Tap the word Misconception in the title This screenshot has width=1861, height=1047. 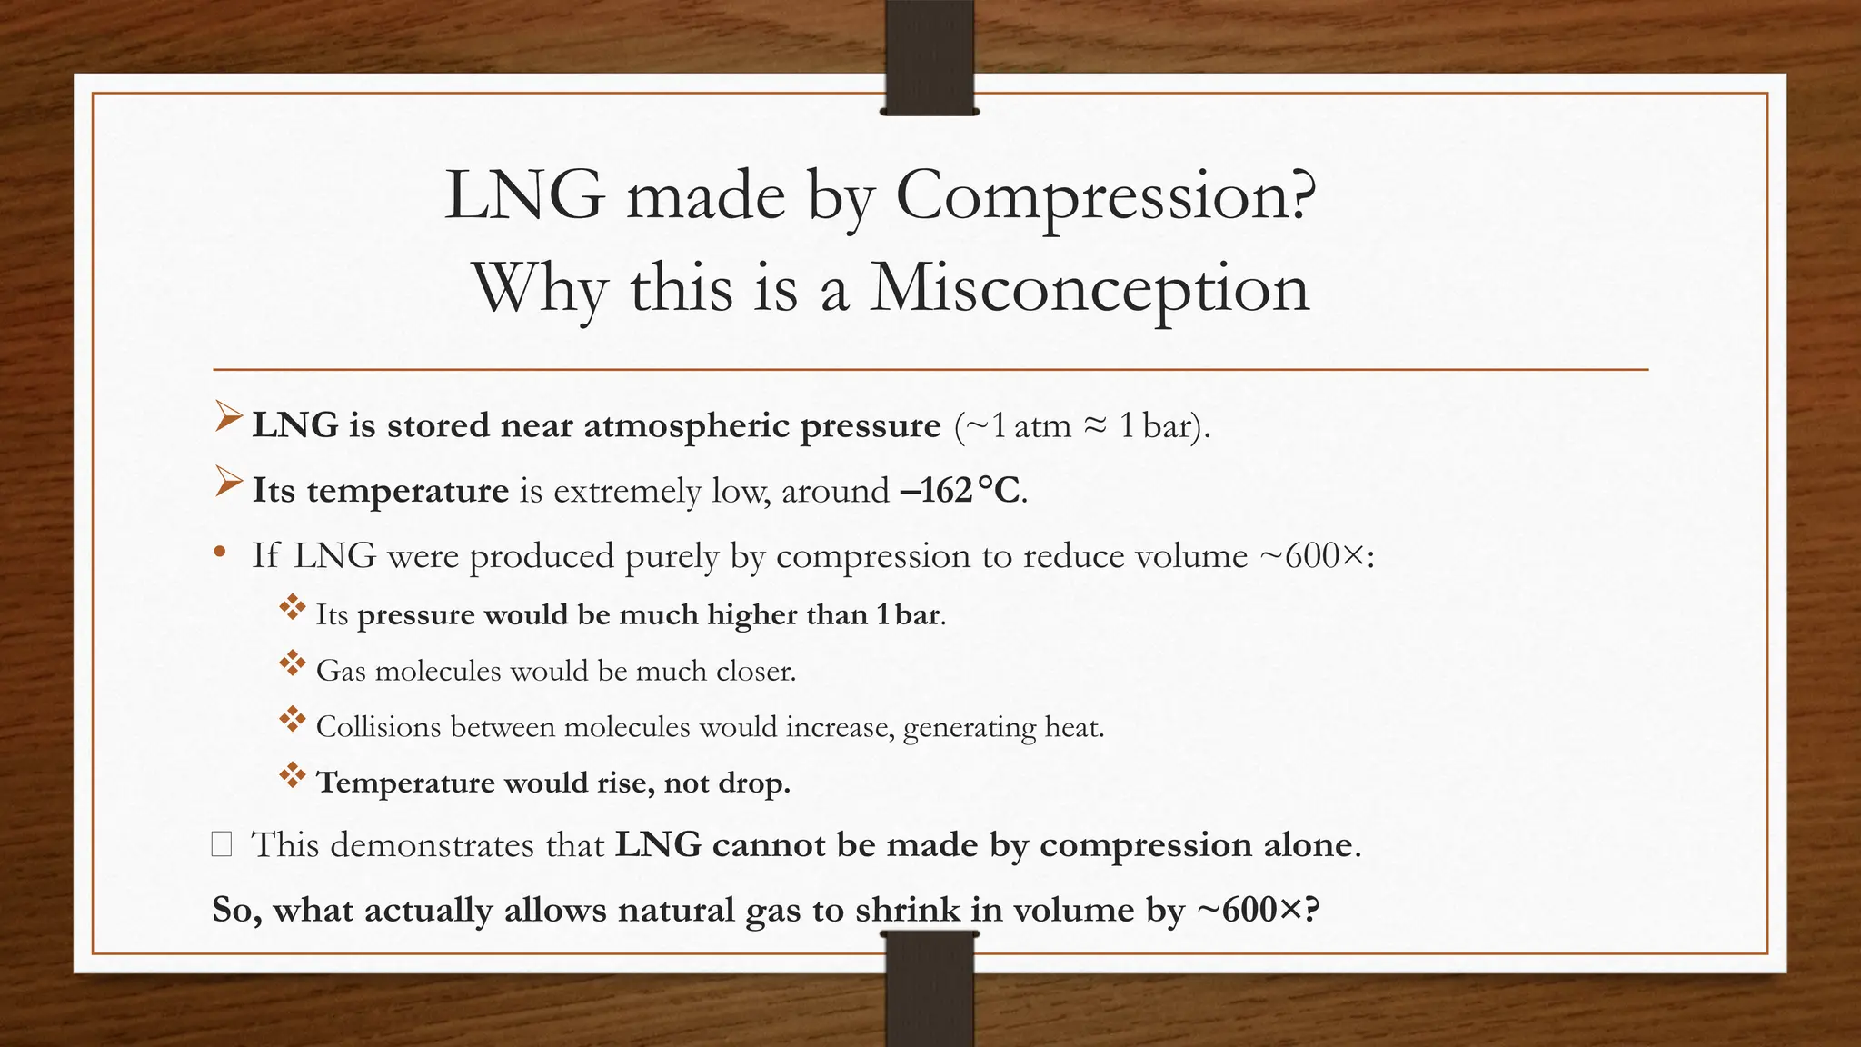(1089, 288)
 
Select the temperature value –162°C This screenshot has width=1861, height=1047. (960, 491)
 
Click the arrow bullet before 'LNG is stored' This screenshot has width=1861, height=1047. (228, 419)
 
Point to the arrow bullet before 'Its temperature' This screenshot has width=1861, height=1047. (228, 484)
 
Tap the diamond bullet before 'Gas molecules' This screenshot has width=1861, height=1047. (292, 664)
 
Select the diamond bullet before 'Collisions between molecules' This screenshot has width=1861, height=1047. (292, 721)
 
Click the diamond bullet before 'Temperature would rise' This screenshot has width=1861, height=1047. (292, 776)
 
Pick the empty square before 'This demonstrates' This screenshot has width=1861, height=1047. (221, 844)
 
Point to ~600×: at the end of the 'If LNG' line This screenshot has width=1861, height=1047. (1317, 555)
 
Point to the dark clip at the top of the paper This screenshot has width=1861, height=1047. (929, 58)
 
